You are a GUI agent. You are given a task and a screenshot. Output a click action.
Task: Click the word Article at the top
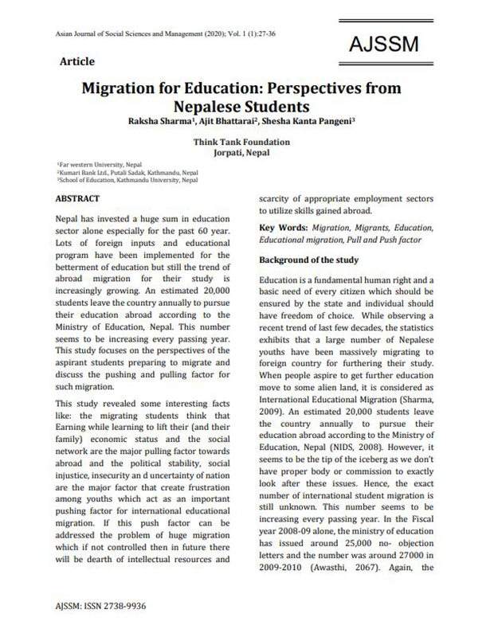(x=77, y=61)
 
